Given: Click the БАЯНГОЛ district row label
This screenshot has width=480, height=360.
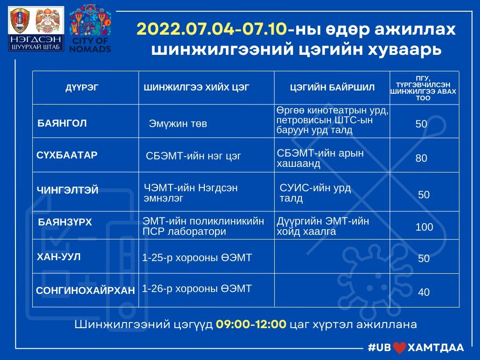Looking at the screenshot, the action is click(x=62, y=123).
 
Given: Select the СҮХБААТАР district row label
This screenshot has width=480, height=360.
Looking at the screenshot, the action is click(x=67, y=155).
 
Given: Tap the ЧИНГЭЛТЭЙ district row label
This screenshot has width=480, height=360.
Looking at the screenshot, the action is click(x=67, y=190).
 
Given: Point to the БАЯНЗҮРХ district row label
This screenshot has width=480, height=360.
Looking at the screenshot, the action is click(x=65, y=222).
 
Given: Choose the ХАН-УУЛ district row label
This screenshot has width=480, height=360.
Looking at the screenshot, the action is click(x=59, y=256).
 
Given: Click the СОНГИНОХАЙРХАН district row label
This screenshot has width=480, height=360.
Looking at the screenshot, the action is click(x=85, y=290).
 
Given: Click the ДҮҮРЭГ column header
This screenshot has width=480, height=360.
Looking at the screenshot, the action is click(x=82, y=88).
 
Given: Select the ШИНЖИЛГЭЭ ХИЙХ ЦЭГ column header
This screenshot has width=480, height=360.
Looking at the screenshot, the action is click(x=196, y=88).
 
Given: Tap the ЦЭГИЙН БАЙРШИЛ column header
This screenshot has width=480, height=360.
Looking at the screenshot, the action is click(x=332, y=88).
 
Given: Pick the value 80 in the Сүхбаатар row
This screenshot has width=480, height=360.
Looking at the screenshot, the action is click(x=421, y=158).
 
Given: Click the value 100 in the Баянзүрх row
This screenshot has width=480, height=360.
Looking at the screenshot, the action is click(x=424, y=227).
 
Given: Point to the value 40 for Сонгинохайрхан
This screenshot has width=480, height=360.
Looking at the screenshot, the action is click(x=424, y=292).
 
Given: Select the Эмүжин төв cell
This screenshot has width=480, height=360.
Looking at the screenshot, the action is click(x=178, y=124).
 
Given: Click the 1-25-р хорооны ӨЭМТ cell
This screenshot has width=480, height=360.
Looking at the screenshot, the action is click(x=197, y=258).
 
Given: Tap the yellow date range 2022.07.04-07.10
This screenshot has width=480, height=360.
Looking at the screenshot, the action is click(x=212, y=30).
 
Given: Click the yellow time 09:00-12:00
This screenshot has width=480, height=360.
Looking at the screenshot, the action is click(x=251, y=324).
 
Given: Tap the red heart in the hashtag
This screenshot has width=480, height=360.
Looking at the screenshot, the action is click(x=399, y=348).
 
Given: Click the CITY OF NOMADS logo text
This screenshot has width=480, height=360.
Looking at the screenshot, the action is click(x=90, y=45).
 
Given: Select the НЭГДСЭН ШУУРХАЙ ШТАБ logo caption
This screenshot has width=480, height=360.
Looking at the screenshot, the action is click(x=36, y=43).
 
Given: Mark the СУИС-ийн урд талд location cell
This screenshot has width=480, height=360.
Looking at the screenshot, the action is click(x=315, y=193).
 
